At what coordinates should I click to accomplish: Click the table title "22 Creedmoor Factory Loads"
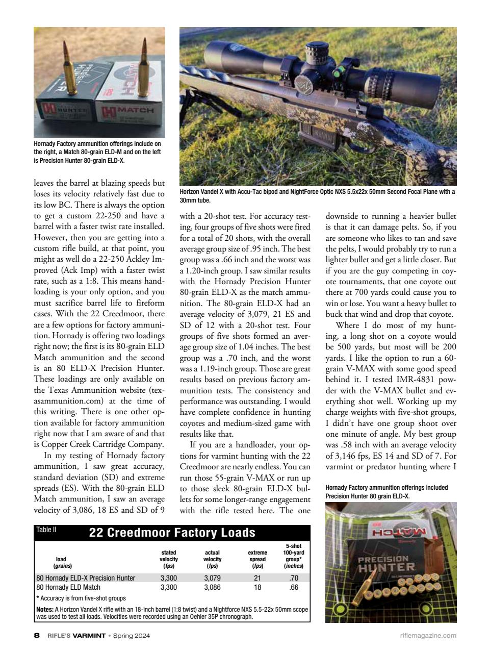click(172, 533)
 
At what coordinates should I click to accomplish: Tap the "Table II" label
click(46, 530)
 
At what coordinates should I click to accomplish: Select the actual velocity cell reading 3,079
click(212, 578)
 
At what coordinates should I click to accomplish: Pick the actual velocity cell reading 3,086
click(212, 587)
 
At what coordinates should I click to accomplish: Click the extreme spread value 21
click(257, 578)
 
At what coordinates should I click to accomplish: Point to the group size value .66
click(293, 587)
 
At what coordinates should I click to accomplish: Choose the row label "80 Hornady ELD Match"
click(68, 587)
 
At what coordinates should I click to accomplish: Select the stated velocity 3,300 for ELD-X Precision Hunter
click(169, 578)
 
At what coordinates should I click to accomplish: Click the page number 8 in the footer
click(36, 636)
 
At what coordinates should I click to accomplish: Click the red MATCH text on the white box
click(135, 110)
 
